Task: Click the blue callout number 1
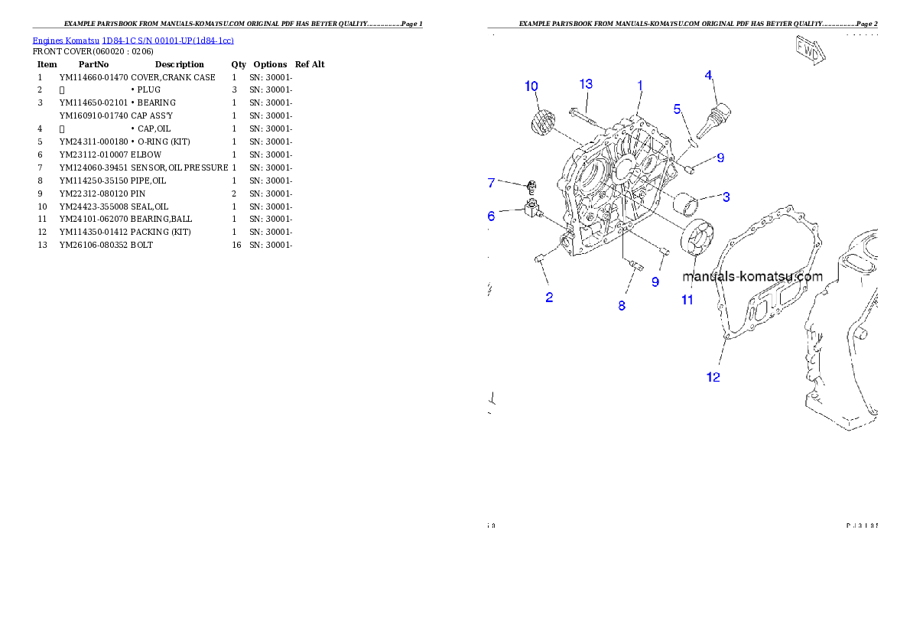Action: coord(640,86)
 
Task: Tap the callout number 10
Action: coord(531,86)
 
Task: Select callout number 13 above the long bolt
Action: coord(586,83)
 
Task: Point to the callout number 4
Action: coord(709,75)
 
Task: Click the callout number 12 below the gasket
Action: coord(678,109)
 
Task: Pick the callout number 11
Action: coord(687,300)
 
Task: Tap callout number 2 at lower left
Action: coord(549,298)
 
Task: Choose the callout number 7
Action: coord(491,183)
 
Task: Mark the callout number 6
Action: coord(491,216)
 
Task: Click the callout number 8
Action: coord(622,305)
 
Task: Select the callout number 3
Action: coord(726,197)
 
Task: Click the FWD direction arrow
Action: coord(810,50)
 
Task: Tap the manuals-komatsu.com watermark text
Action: coord(752,277)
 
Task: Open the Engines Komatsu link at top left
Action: coord(133,40)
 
